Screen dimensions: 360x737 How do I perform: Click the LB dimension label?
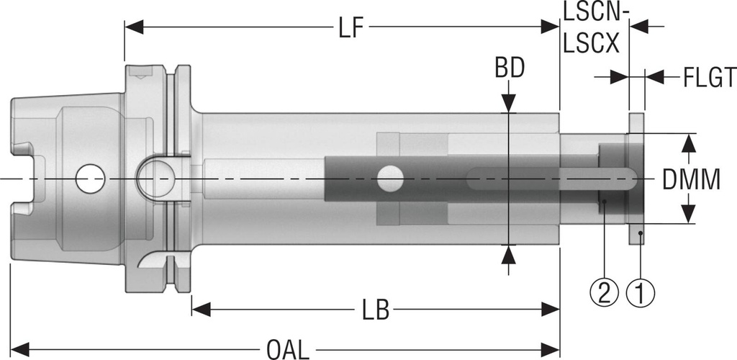coord(375,310)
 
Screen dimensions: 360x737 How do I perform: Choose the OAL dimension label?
coord(288,350)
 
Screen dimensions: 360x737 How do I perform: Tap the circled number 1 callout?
coord(641,292)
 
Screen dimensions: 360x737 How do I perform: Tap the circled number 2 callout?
coord(605,292)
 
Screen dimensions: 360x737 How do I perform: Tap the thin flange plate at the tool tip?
coord(637,179)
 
